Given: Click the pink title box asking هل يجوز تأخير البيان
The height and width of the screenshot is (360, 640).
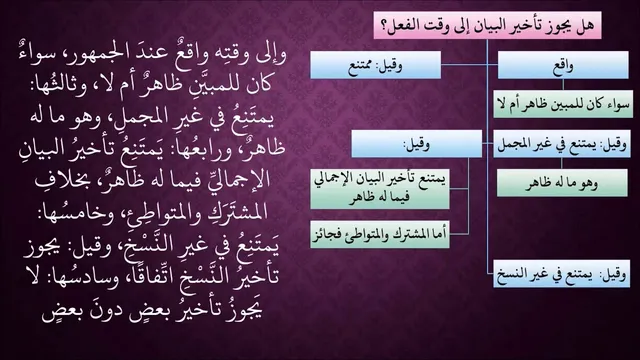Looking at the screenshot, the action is tap(487, 25).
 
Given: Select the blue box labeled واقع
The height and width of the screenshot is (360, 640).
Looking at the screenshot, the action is tap(563, 65).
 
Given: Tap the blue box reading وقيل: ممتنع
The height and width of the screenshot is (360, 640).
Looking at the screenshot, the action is tap(376, 65).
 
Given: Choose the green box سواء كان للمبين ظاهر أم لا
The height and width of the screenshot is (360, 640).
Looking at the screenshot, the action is tap(563, 104).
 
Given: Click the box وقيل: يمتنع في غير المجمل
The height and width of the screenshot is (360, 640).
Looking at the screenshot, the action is tap(562, 144).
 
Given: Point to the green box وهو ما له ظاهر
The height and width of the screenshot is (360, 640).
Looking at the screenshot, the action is tap(562, 183).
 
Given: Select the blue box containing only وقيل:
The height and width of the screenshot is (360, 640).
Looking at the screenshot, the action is tap(416, 144).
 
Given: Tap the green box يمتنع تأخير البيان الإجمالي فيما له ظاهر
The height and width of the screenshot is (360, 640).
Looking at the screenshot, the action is tap(380, 189).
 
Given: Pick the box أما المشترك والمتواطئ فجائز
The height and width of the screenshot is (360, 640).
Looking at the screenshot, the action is tap(380, 234).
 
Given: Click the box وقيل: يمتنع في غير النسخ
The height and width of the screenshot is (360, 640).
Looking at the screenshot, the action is tap(562, 274).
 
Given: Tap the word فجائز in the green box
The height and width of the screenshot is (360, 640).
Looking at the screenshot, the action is tap(325, 234).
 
